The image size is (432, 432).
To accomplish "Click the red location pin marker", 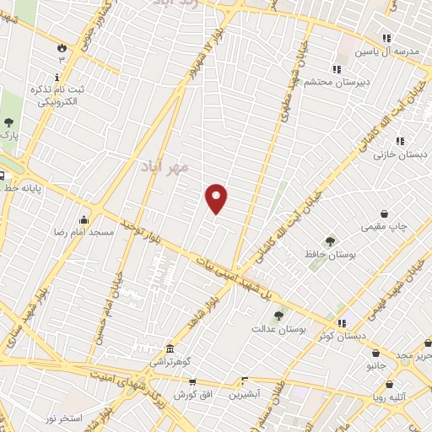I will tap(217, 199).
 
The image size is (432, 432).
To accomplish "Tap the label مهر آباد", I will tap(164, 167).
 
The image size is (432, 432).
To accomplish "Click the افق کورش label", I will tap(196, 395).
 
